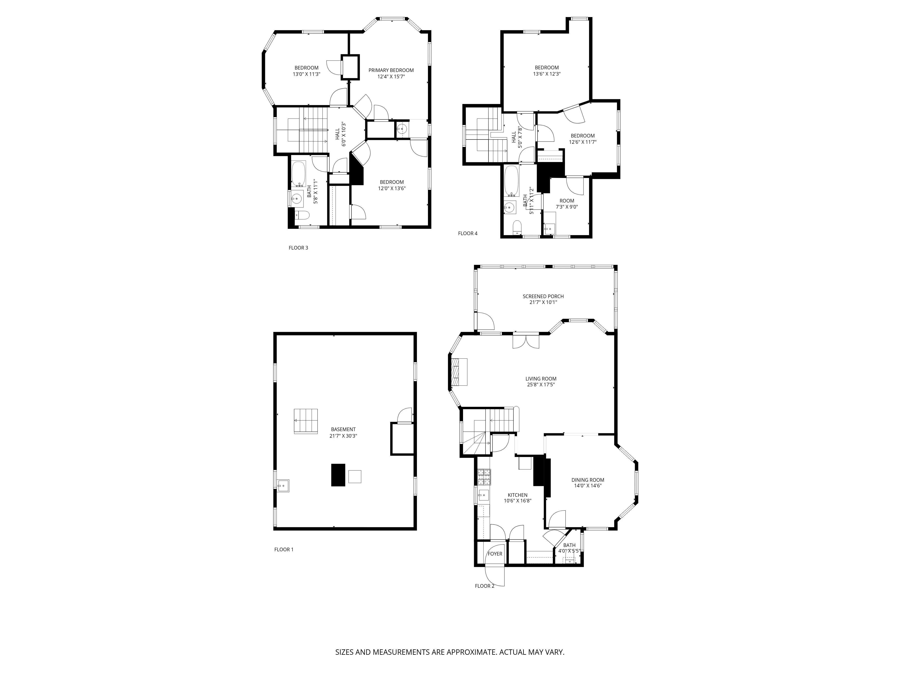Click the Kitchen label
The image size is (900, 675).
[517, 495]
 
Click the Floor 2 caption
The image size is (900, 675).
[484, 586]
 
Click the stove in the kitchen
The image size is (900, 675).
[484, 477]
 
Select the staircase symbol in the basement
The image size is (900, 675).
[306, 421]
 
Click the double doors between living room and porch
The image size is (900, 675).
[526, 341]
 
